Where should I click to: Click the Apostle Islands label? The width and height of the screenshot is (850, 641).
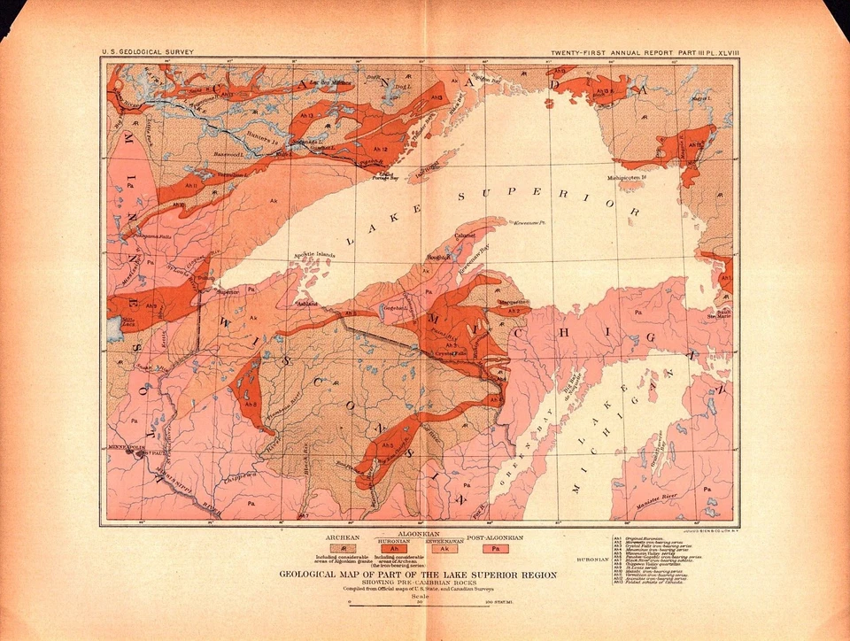click(x=314, y=258)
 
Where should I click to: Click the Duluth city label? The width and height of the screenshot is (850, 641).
click(x=206, y=277)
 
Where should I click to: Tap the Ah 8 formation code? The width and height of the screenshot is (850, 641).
click(x=251, y=404)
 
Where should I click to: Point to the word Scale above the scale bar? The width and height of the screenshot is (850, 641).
click(x=424, y=595)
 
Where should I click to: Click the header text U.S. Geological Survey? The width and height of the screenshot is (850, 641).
click(x=147, y=54)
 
